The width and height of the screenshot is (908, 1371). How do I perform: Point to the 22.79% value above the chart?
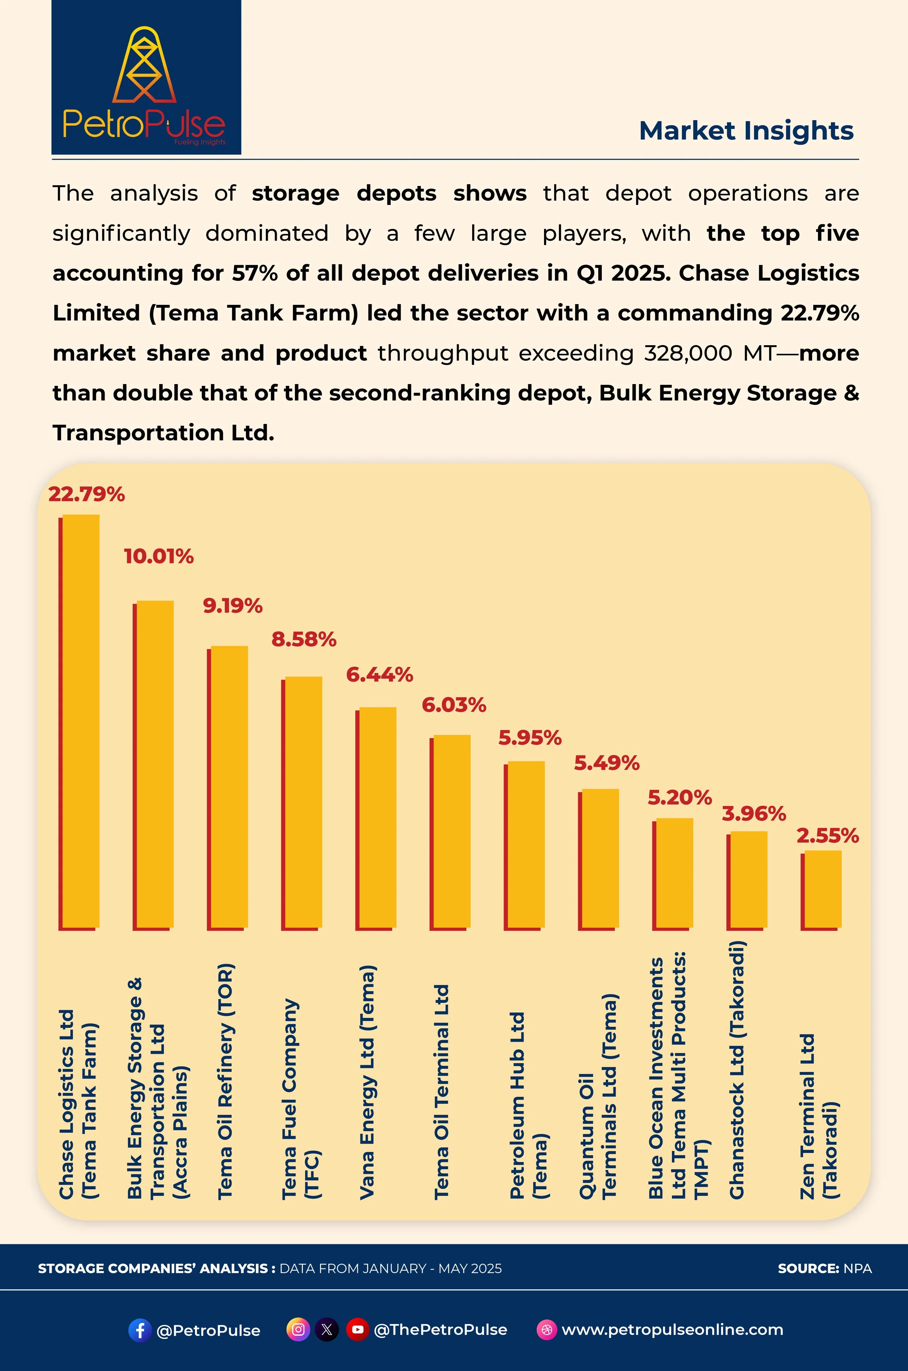tap(86, 494)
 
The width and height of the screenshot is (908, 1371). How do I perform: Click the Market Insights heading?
tap(746, 131)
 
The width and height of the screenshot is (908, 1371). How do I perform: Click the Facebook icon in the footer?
tap(139, 1330)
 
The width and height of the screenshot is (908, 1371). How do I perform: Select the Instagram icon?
tap(298, 1329)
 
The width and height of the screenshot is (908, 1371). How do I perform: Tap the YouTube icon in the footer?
tap(357, 1329)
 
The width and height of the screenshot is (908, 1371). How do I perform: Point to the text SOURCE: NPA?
tap(824, 1269)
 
